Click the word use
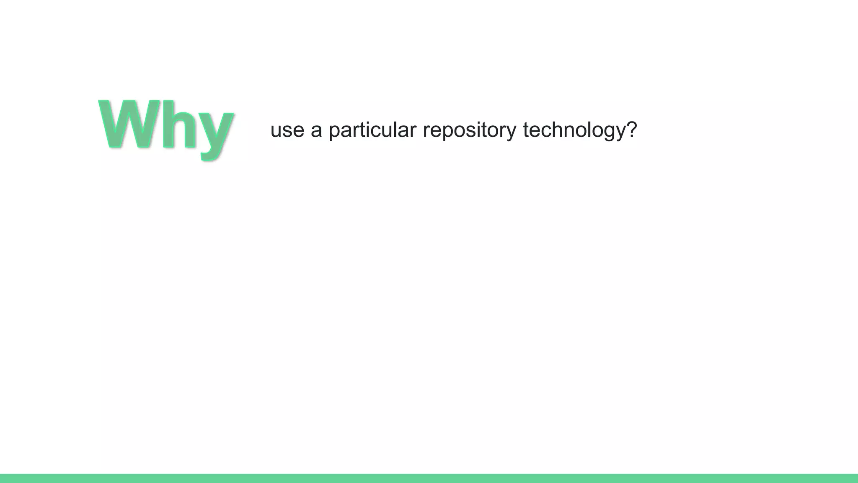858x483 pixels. click(287, 130)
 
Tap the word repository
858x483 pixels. click(469, 130)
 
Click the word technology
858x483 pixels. click(574, 130)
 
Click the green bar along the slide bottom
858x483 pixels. click(429, 478)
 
